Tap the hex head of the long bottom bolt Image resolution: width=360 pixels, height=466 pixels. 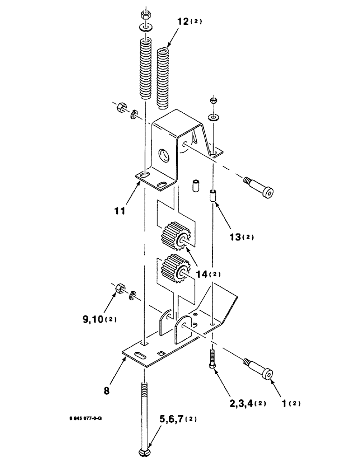(x=145, y=452)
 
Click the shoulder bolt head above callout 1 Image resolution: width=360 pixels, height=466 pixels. (x=267, y=374)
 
